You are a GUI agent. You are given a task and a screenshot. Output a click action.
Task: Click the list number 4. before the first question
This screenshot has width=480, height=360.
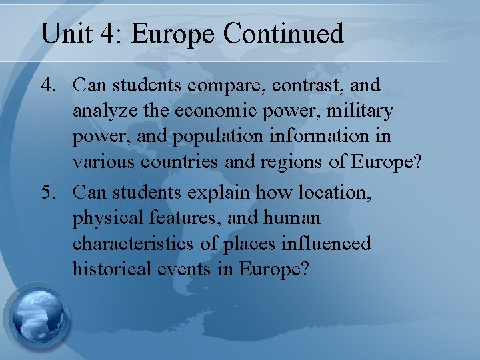point(50,85)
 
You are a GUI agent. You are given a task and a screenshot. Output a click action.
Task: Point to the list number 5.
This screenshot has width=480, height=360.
point(50,193)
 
